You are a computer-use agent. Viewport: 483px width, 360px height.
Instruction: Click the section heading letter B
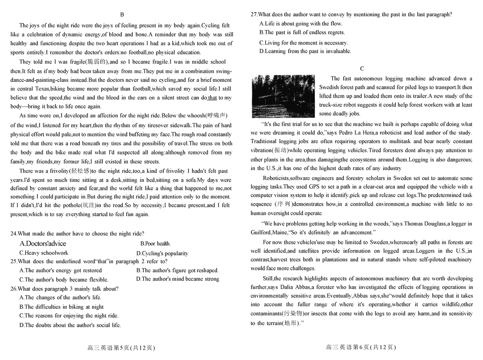(122, 15)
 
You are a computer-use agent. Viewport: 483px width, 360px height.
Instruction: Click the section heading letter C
(362, 68)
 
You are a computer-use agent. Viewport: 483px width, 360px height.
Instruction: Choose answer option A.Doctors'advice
(43, 243)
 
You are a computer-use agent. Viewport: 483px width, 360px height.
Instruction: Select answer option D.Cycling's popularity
(162, 253)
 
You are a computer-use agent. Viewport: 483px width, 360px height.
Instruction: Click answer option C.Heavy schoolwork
(44, 253)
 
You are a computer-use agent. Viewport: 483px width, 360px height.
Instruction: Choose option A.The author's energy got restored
(61, 270)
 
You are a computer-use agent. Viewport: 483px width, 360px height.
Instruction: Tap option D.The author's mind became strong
(178, 279)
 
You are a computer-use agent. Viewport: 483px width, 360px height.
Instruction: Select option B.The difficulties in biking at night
(62, 307)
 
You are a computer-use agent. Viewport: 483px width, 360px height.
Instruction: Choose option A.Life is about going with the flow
(301, 23)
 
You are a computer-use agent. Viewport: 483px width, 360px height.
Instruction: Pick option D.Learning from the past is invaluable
(305, 51)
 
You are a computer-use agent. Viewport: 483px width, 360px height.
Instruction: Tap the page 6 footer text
(361, 347)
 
